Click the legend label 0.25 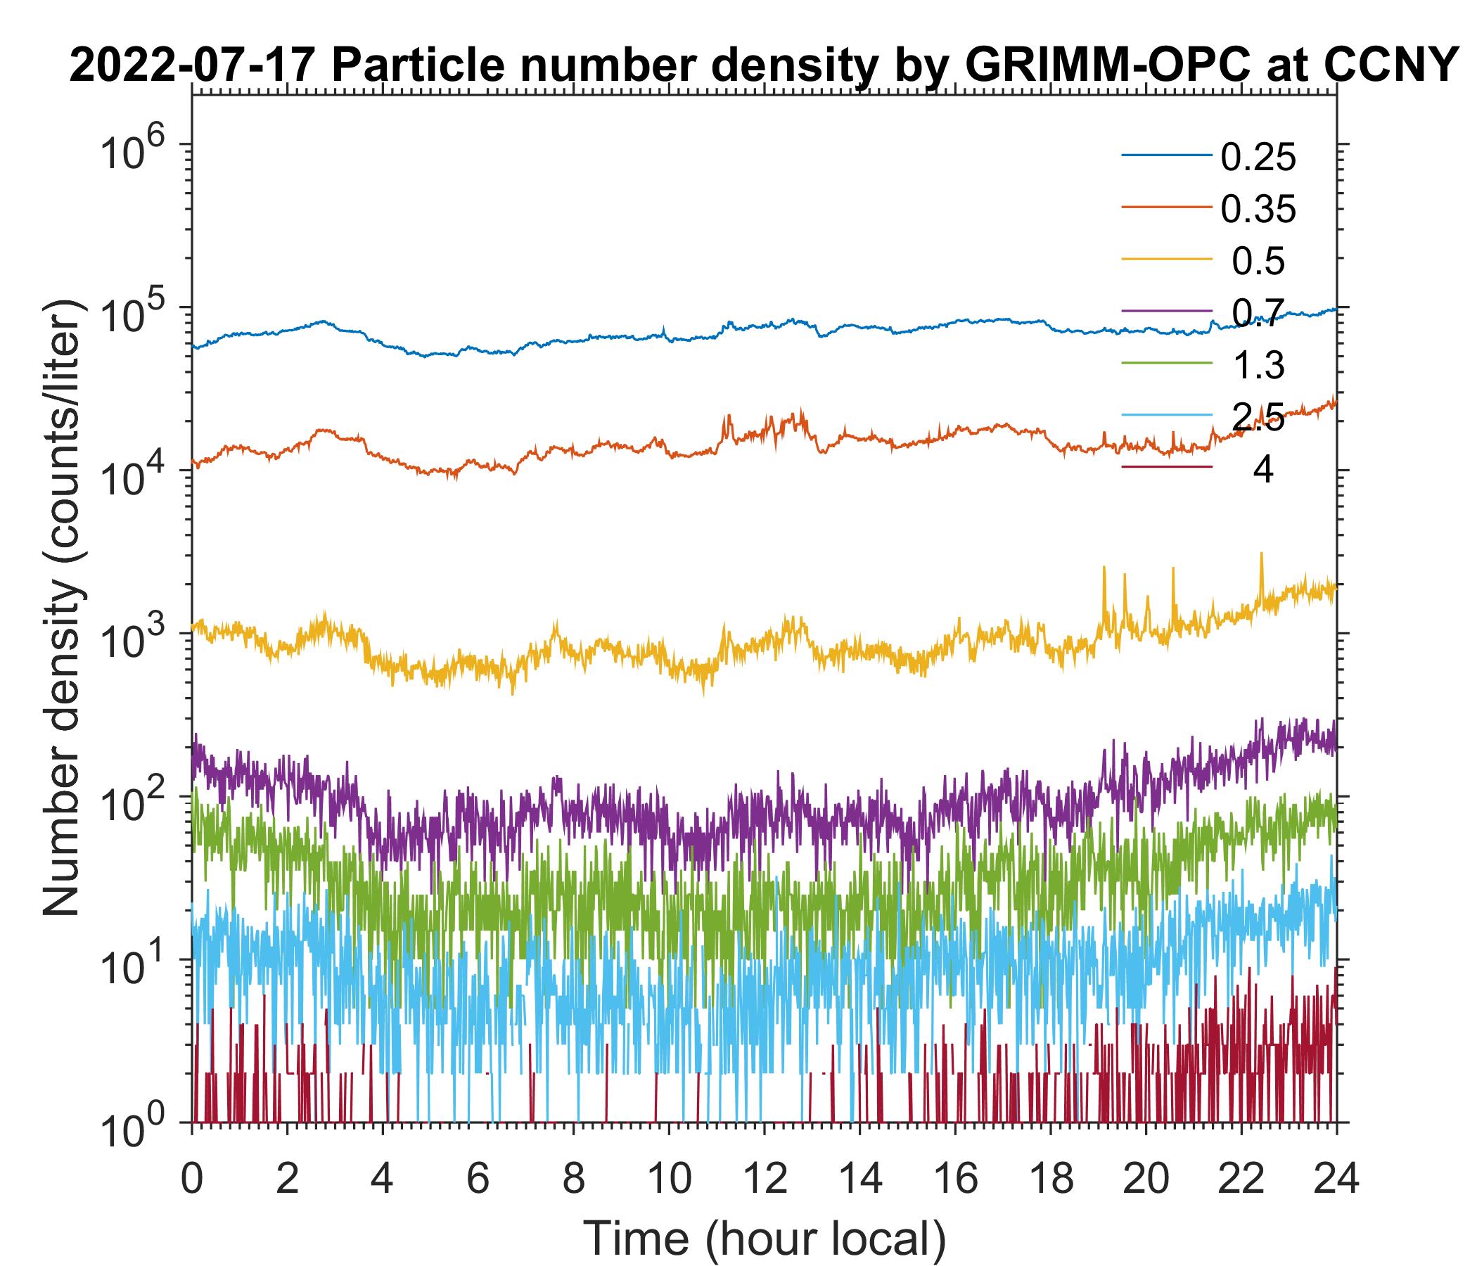pos(1258,158)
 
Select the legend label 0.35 pos(1258,210)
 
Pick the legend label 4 pos(1262,471)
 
